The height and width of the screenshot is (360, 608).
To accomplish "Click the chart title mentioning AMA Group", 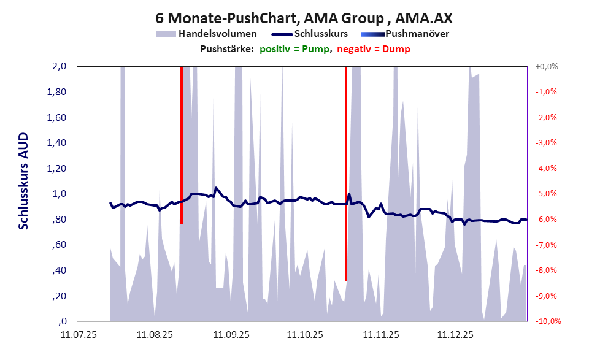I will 305,18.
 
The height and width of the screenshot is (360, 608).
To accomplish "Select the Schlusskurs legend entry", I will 321,34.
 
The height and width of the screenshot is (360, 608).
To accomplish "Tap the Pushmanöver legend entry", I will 417,34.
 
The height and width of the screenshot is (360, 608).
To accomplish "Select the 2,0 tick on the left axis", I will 59,66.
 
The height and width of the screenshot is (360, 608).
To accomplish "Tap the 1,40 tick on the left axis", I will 56,143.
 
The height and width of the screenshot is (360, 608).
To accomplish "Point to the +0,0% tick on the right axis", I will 546,66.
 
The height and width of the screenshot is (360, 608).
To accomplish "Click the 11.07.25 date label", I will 79,335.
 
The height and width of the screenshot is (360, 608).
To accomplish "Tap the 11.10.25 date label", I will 305,335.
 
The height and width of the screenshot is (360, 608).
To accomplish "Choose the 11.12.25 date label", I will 455,335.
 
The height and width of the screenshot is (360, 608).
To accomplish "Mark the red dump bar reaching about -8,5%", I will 346,174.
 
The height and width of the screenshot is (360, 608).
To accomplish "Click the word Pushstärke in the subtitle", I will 226,48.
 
